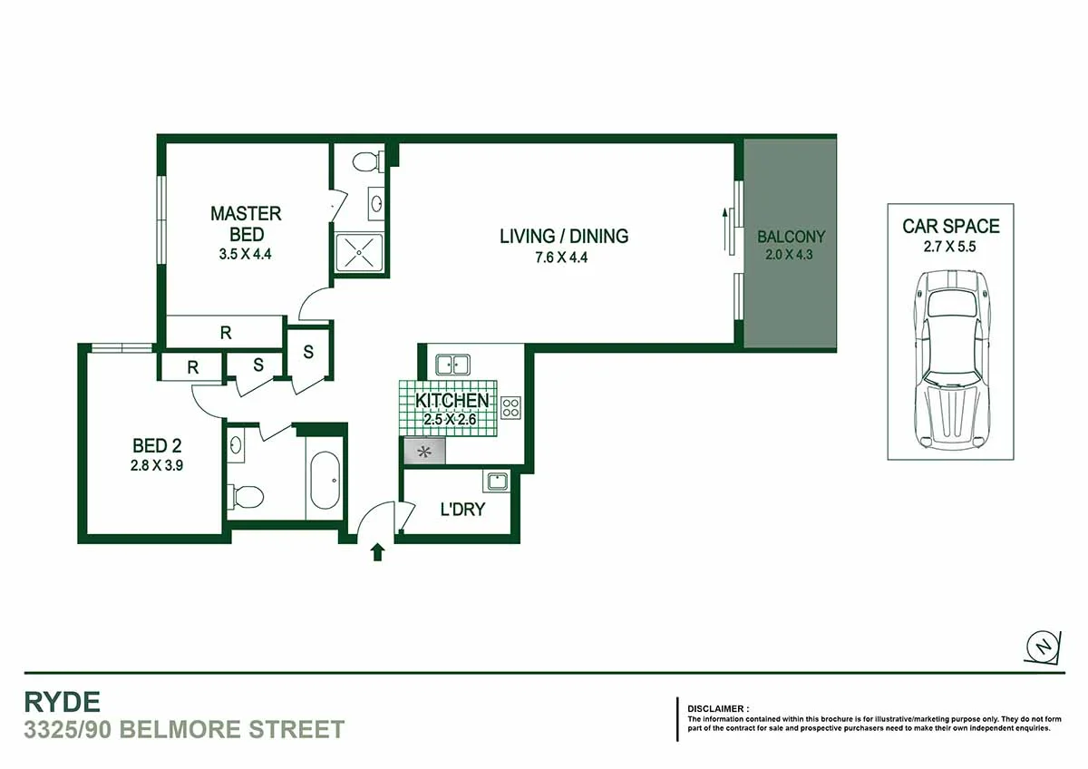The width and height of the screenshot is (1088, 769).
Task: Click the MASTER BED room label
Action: [x=246, y=224]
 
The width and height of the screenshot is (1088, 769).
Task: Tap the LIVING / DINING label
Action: [x=564, y=236]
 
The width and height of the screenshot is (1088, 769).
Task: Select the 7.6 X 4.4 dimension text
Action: [x=564, y=258]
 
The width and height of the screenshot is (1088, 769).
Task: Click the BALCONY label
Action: [x=792, y=237]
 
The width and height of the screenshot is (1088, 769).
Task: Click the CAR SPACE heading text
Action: [x=950, y=226]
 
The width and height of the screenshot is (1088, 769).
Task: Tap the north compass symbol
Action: [x=1044, y=646]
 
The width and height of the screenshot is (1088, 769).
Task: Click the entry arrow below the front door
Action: [x=377, y=551]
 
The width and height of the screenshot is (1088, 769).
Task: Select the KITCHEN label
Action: [x=452, y=401]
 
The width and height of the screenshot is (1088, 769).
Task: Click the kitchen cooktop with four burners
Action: [x=510, y=408]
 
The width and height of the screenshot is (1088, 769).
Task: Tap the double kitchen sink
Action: [x=452, y=365]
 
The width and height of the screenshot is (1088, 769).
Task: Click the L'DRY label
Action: [x=462, y=510]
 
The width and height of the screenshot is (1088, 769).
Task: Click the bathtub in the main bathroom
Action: [x=325, y=481]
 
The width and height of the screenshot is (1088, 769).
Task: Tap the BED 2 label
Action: [x=156, y=446]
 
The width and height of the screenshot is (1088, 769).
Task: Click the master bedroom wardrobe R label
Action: [x=226, y=333]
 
